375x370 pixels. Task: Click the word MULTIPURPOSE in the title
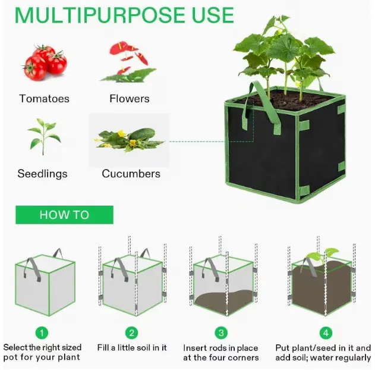point(100,15)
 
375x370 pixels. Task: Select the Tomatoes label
point(44,99)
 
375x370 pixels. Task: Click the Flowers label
point(130,99)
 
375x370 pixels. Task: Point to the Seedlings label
point(42,174)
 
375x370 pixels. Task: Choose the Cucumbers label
point(131,174)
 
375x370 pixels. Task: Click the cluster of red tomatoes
point(45,62)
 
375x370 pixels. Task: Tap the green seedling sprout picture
point(44,136)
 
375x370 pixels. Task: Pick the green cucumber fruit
point(143,134)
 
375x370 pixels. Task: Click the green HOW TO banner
point(64,215)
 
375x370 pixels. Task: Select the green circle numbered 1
point(42,333)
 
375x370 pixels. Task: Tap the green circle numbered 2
point(131,333)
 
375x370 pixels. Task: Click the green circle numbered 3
point(221,333)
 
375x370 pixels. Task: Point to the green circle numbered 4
point(326,333)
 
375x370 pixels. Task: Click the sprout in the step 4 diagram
point(323,255)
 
